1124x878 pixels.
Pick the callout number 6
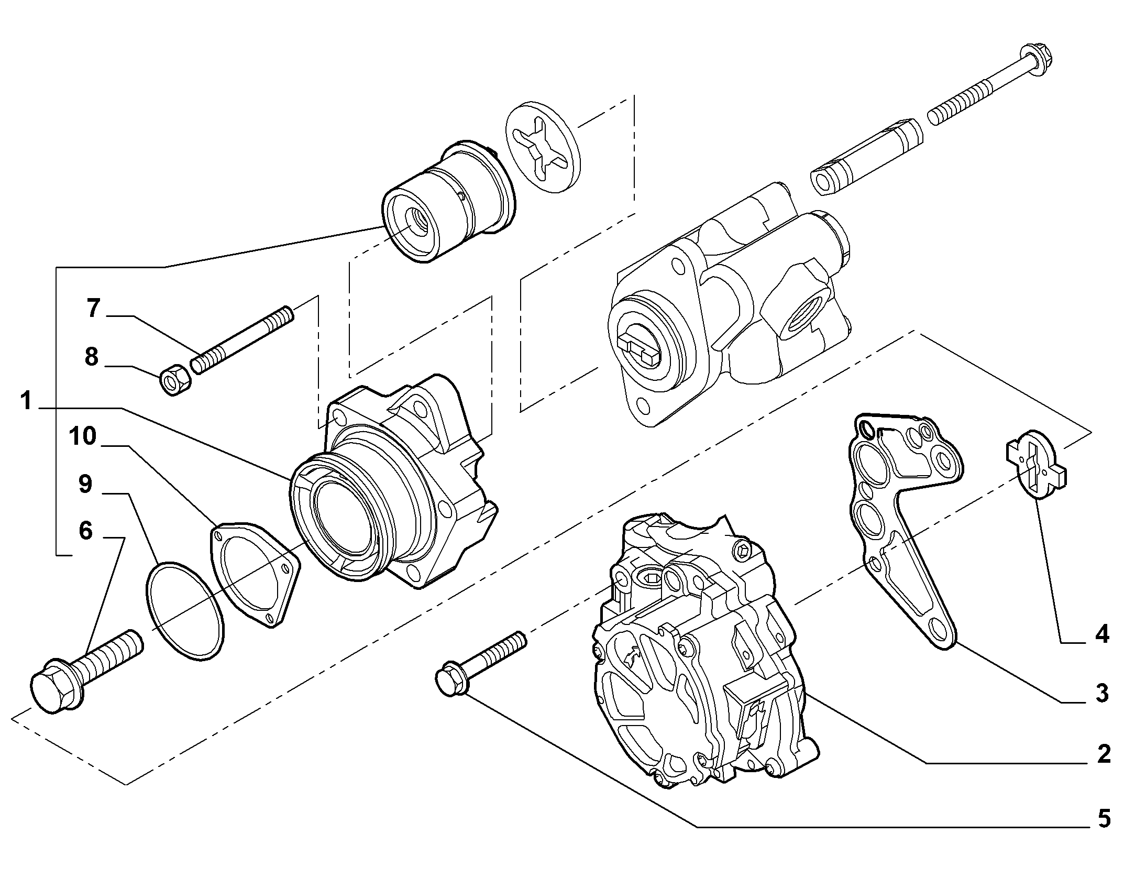(86, 531)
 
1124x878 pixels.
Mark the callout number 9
(85, 485)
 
